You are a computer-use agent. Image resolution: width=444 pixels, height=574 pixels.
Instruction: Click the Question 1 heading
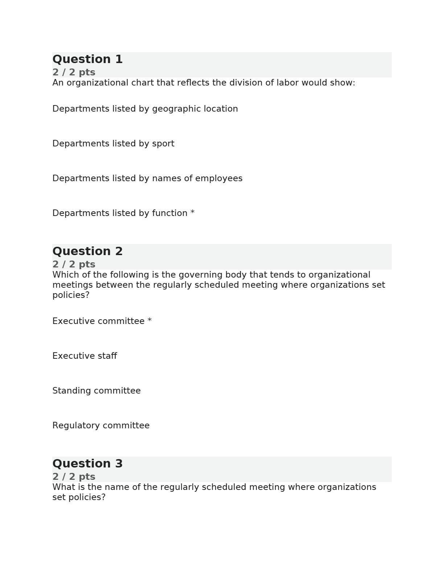click(87, 59)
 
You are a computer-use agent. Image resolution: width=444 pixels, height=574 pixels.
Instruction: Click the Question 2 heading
click(87, 251)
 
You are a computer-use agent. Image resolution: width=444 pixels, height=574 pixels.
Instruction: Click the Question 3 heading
click(87, 463)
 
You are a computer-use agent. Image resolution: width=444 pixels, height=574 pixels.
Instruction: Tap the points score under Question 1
click(74, 72)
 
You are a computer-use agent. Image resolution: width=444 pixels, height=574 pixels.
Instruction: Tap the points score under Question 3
click(74, 477)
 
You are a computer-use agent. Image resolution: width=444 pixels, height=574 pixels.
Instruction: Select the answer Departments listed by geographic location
click(145, 109)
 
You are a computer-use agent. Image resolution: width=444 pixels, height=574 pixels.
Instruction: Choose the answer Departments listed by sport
click(113, 143)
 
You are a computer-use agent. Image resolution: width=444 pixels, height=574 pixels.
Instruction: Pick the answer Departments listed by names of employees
click(147, 178)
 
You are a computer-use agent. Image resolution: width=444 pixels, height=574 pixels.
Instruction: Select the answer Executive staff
click(85, 356)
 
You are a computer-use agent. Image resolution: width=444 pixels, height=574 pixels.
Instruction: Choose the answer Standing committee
click(96, 391)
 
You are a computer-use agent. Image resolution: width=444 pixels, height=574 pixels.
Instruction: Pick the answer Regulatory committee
click(101, 425)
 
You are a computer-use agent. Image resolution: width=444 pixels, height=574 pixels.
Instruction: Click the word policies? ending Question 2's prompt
click(71, 295)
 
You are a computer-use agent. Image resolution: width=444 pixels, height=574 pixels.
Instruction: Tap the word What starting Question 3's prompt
click(63, 487)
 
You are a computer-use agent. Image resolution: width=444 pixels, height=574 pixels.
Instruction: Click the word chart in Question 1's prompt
click(143, 83)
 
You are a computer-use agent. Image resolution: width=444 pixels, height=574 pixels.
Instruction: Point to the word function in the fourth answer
click(169, 213)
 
